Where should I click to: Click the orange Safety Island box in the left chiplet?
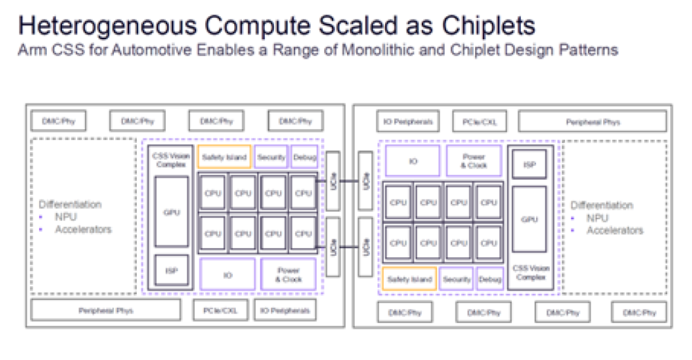pyautogui.click(x=224, y=158)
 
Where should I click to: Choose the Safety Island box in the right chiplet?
pyautogui.click(x=409, y=279)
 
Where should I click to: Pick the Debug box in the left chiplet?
pyautogui.click(x=304, y=158)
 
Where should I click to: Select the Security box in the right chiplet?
pyautogui.click(x=457, y=279)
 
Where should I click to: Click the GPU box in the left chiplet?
pyautogui.click(x=172, y=211)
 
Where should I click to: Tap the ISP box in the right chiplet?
pyautogui.click(x=529, y=164)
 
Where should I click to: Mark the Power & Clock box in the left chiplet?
pyautogui.click(x=288, y=275)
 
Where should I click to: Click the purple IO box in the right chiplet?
pyautogui.click(x=412, y=161)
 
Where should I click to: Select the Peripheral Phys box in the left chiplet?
pyautogui.click(x=105, y=310)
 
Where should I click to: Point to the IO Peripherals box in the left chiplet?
pyautogui.click(x=286, y=310)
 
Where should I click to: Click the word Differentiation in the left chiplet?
pyautogui.click(x=70, y=205)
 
